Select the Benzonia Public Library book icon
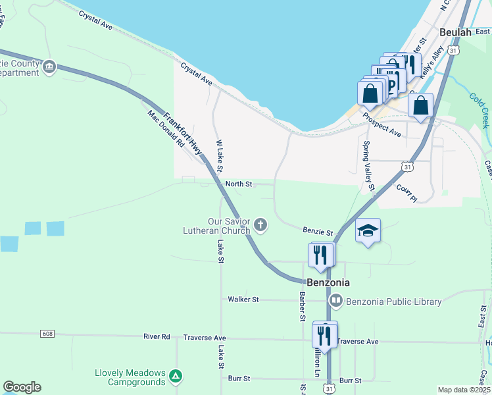336,302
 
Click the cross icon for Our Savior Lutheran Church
260,226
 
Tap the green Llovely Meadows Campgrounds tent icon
175,376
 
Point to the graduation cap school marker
368,230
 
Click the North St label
239,184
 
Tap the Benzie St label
318,231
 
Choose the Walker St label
243,299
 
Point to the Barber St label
303,307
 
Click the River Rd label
157,336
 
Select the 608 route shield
47,334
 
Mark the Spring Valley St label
368,167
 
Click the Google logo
22,387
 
